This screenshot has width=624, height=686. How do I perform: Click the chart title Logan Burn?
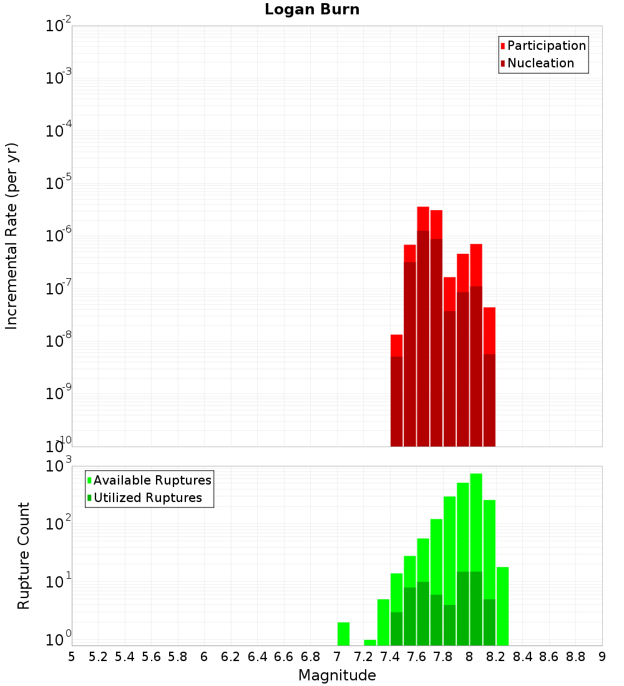pyautogui.click(x=312, y=10)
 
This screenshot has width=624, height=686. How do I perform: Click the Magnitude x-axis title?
pyautogui.click(x=337, y=675)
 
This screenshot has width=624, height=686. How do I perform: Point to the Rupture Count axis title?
pyautogui.click(x=24, y=555)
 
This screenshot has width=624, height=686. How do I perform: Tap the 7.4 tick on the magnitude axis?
pyautogui.click(x=390, y=657)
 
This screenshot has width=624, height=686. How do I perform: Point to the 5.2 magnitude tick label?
pyautogui.click(x=99, y=657)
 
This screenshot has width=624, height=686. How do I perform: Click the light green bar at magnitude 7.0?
pyautogui.click(x=343, y=634)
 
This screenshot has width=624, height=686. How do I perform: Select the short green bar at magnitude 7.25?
pyautogui.click(x=370, y=642)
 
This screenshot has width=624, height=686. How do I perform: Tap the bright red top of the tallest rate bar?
pyautogui.click(x=423, y=218)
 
